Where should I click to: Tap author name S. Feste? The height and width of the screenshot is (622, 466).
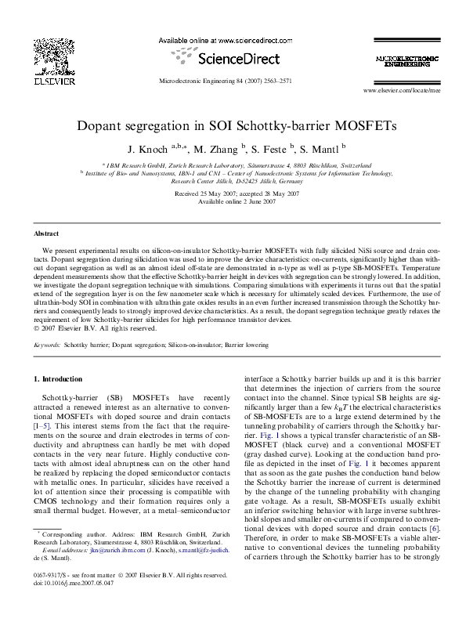[273, 148]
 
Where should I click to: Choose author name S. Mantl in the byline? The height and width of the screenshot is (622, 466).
[322, 148]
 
